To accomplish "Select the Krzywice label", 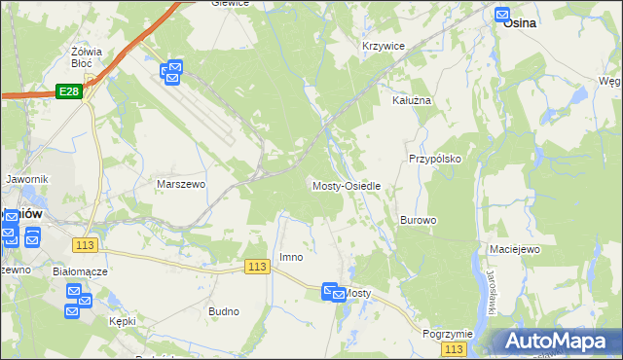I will coord(383,46).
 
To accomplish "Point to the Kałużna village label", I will coord(411,100).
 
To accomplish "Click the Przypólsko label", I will coord(434,158).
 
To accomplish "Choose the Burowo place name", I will coord(418,220).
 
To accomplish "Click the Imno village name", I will coord(291,257).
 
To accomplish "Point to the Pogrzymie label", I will coord(448,333).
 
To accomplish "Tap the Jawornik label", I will coord(26,179).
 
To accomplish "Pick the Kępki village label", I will coord(123,321).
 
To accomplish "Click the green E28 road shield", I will coord(68,90).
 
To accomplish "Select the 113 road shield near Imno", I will coord(257,267).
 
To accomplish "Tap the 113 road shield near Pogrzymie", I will coord(453,348).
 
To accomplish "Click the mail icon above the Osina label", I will coord(502,15).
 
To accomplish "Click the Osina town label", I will coord(521,27).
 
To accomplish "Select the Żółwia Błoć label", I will coord(88,55).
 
